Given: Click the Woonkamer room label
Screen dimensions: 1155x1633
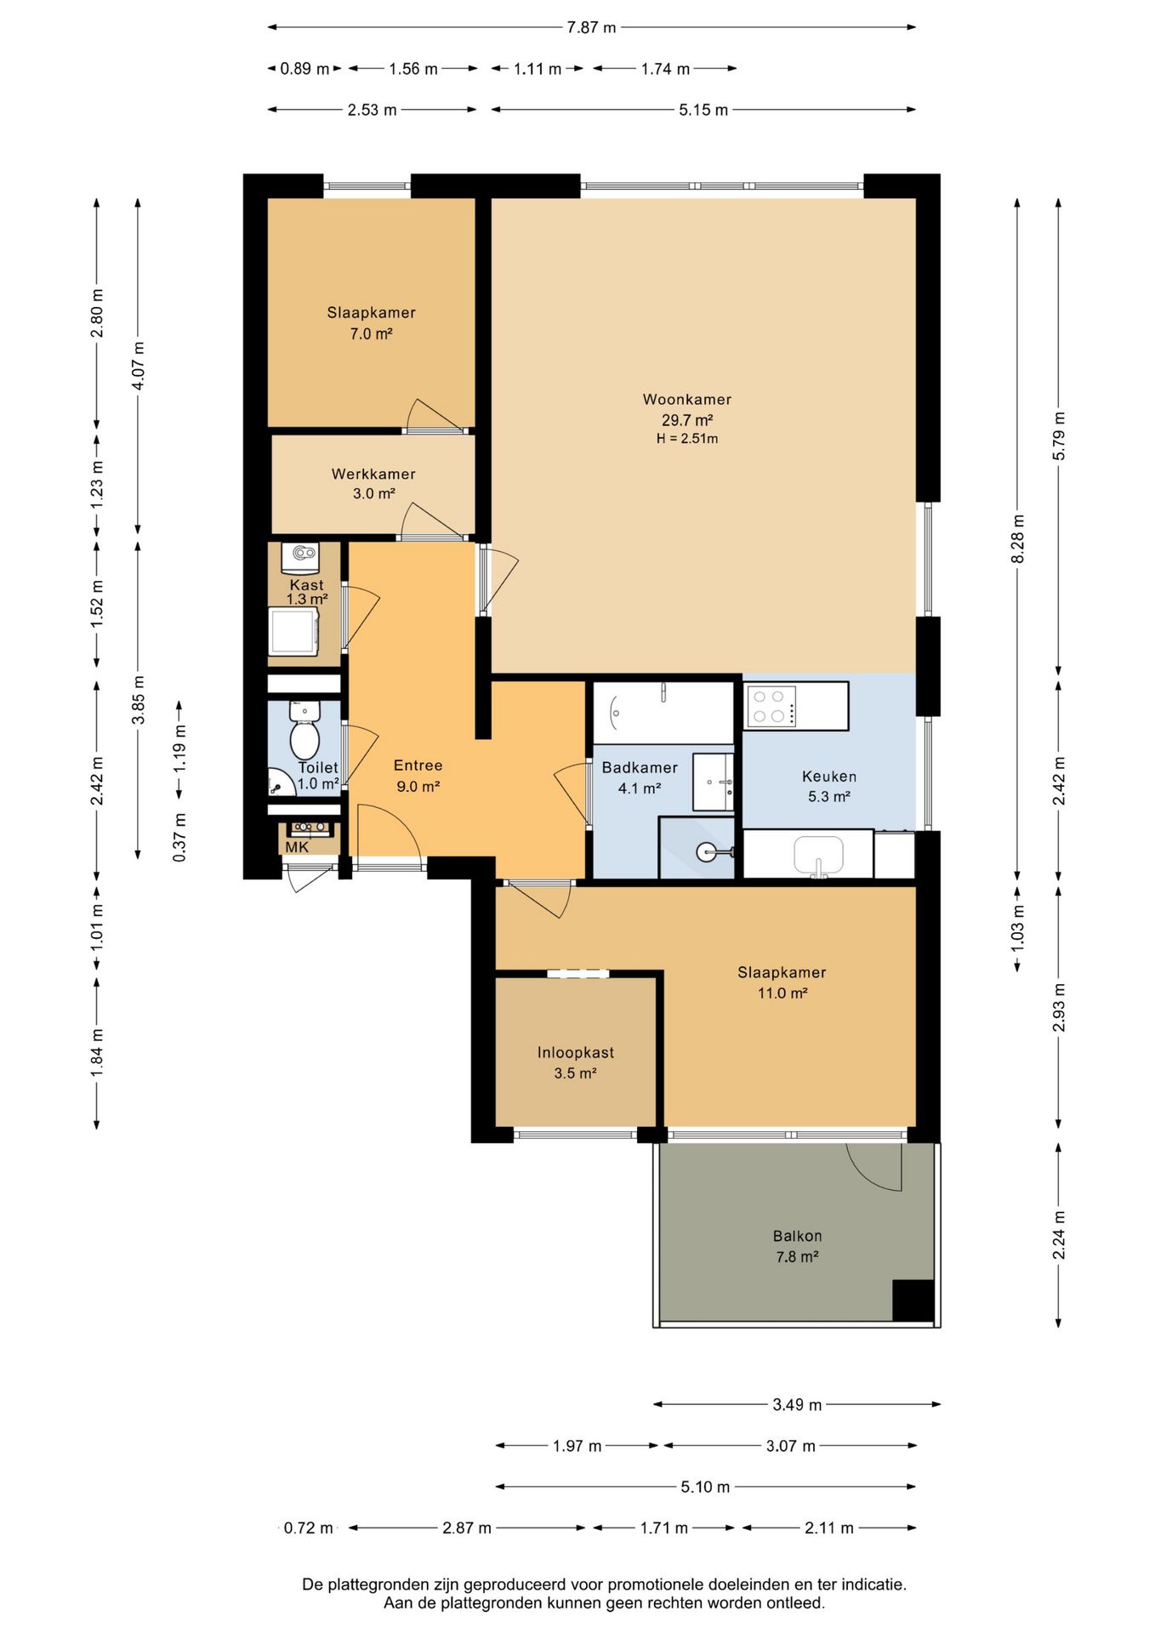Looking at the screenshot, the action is pyautogui.click(x=686, y=399).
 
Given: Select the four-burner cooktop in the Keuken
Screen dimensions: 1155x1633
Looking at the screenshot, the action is pyautogui.click(x=771, y=706).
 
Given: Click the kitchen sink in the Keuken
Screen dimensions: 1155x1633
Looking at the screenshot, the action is pyautogui.click(x=818, y=855).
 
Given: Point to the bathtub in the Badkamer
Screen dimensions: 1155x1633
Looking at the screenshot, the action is pyautogui.click(x=663, y=713).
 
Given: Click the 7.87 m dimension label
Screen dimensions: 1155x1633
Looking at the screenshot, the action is pyautogui.click(x=591, y=27).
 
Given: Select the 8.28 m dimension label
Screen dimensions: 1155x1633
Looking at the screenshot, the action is pyautogui.click(x=1017, y=538).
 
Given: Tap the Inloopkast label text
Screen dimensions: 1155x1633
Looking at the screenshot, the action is pyautogui.click(x=575, y=1052).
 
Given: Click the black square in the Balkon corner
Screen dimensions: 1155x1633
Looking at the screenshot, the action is pyautogui.click(x=913, y=1300).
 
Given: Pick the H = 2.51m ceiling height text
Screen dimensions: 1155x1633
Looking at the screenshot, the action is pyautogui.click(x=686, y=439).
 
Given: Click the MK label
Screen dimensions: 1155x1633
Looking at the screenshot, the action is pyautogui.click(x=297, y=847).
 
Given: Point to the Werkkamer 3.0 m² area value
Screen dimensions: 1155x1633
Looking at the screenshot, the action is pyautogui.click(x=374, y=493).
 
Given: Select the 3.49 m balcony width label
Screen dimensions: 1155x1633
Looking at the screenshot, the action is pyautogui.click(x=797, y=1404).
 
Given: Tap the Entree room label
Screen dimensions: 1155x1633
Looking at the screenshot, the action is pyautogui.click(x=418, y=765).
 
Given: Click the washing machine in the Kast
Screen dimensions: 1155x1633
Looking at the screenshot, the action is pyautogui.click(x=293, y=630).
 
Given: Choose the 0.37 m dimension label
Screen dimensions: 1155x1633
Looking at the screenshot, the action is pyautogui.click(x=179, y=837).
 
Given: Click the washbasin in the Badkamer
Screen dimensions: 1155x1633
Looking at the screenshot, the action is pyautogui.click(x=713, y=781).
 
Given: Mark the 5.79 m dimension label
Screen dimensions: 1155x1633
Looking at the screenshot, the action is pyautogui.click(x=1059, y=436).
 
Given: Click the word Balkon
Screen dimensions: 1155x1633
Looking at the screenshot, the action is pyautogui.click(x=797, y=1236).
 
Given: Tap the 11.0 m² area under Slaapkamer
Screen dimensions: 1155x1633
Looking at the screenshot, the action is pyautogui.click(x=782, y=993).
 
